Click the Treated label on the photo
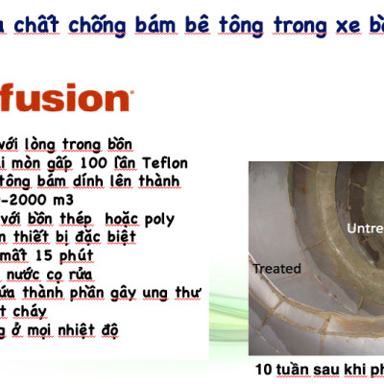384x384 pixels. click(276, 270)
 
